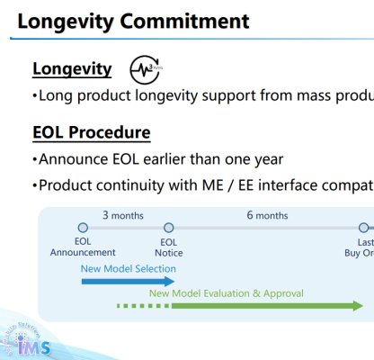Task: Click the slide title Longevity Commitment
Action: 133,19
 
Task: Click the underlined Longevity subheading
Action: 72,68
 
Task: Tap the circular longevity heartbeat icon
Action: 144,69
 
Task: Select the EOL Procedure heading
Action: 91,132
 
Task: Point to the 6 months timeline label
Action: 268,215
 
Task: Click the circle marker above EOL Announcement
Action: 83,229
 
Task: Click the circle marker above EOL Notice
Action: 168,229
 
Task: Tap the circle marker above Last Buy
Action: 364,229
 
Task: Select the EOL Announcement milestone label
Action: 83,247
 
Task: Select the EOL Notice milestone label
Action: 169,247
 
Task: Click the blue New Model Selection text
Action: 129,268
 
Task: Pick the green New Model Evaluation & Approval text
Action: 227,292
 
